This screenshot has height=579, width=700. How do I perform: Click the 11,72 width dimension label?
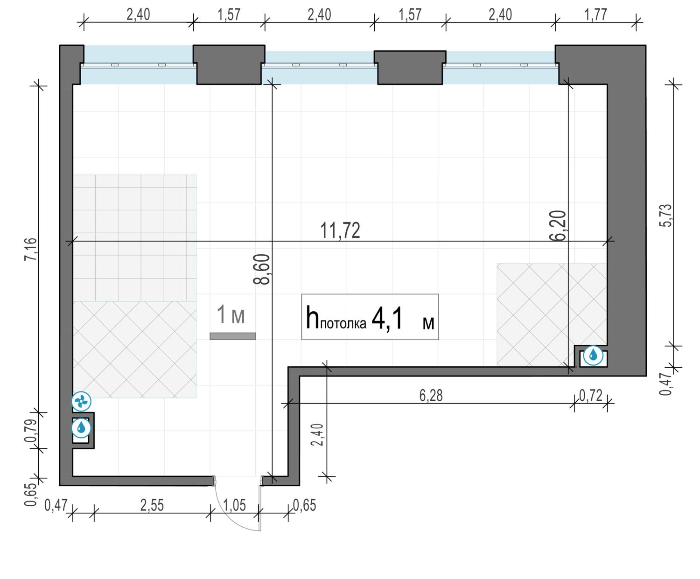(340, 230)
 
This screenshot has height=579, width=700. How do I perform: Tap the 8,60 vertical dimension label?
(261, 269)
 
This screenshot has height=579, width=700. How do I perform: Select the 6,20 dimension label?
(558, 226)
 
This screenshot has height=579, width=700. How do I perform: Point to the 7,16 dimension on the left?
(30, 249)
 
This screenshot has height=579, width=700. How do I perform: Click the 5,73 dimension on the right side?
(666, 216)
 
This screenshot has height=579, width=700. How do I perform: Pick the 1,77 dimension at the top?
(595, 15)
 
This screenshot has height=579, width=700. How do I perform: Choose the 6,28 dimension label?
(431, 396)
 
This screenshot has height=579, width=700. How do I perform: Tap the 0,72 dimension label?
(591, 396)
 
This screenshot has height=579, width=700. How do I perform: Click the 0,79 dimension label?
(30, 431)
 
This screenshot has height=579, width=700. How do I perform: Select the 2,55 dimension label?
(152, 506)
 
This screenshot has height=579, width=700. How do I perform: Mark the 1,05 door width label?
(234, 506)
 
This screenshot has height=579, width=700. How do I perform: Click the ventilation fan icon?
(81, 401)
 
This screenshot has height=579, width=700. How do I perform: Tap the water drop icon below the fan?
(81, 428)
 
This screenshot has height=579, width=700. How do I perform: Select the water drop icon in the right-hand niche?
(593, 355)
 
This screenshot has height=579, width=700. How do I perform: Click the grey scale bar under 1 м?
(233, 336)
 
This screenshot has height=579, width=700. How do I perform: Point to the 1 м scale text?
(231, 314)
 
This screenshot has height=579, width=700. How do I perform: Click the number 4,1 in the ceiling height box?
(387, 320)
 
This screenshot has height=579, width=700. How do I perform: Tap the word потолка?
(343, 324)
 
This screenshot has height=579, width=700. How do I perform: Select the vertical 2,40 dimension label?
(317, 435)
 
